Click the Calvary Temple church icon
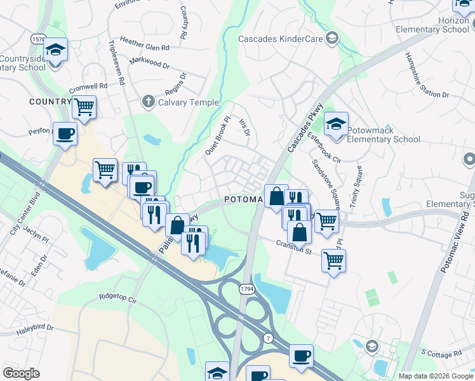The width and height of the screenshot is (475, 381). (148, 101)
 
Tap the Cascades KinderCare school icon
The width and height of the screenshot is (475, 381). (331, 39)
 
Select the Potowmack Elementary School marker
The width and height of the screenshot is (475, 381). (336, 124)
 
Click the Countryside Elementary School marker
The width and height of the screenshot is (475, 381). (56, 50)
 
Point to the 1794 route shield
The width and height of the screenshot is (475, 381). (247, 289)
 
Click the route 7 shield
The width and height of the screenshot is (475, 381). (269, 338)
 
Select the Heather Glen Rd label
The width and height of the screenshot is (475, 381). (144, 48)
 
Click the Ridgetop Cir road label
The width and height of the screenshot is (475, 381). (118, 297)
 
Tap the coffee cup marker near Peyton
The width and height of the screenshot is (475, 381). (65, 134)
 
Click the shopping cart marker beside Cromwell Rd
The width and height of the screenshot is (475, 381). (84, 107)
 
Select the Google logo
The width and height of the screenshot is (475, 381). (21, 373)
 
